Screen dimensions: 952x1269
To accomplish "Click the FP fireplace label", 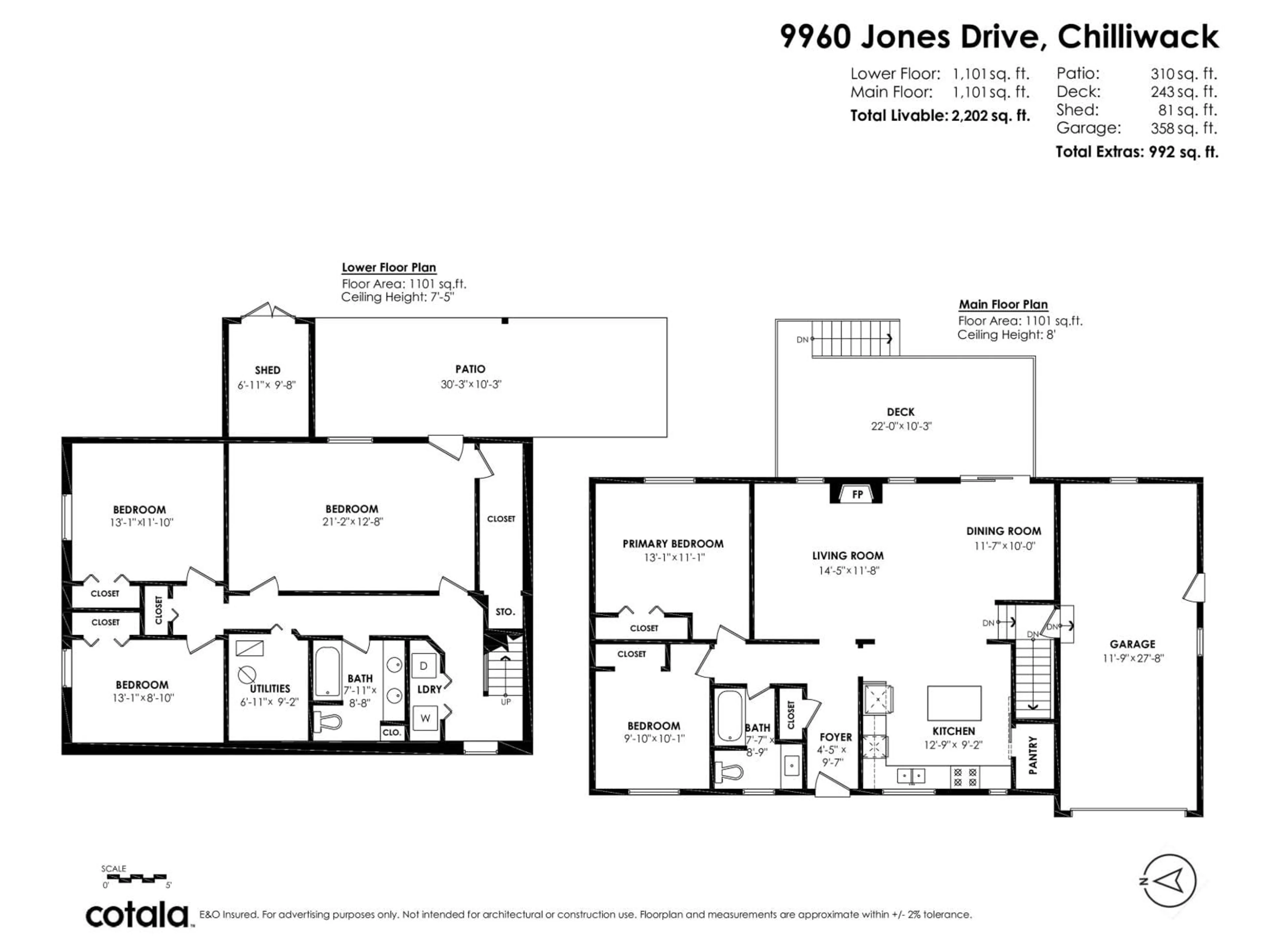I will [x=857, y=495].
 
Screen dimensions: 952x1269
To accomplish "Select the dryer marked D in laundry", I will [x=424, y=666].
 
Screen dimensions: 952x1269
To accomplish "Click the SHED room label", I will [x=267, y=370].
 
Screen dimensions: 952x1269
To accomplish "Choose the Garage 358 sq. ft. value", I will [x=1183, y=128].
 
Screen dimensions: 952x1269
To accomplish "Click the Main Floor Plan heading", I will [x=1003, y=305].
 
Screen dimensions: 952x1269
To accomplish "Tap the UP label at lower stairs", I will [x=505, y=702].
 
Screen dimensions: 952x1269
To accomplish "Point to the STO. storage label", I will [x=505, y=612].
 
